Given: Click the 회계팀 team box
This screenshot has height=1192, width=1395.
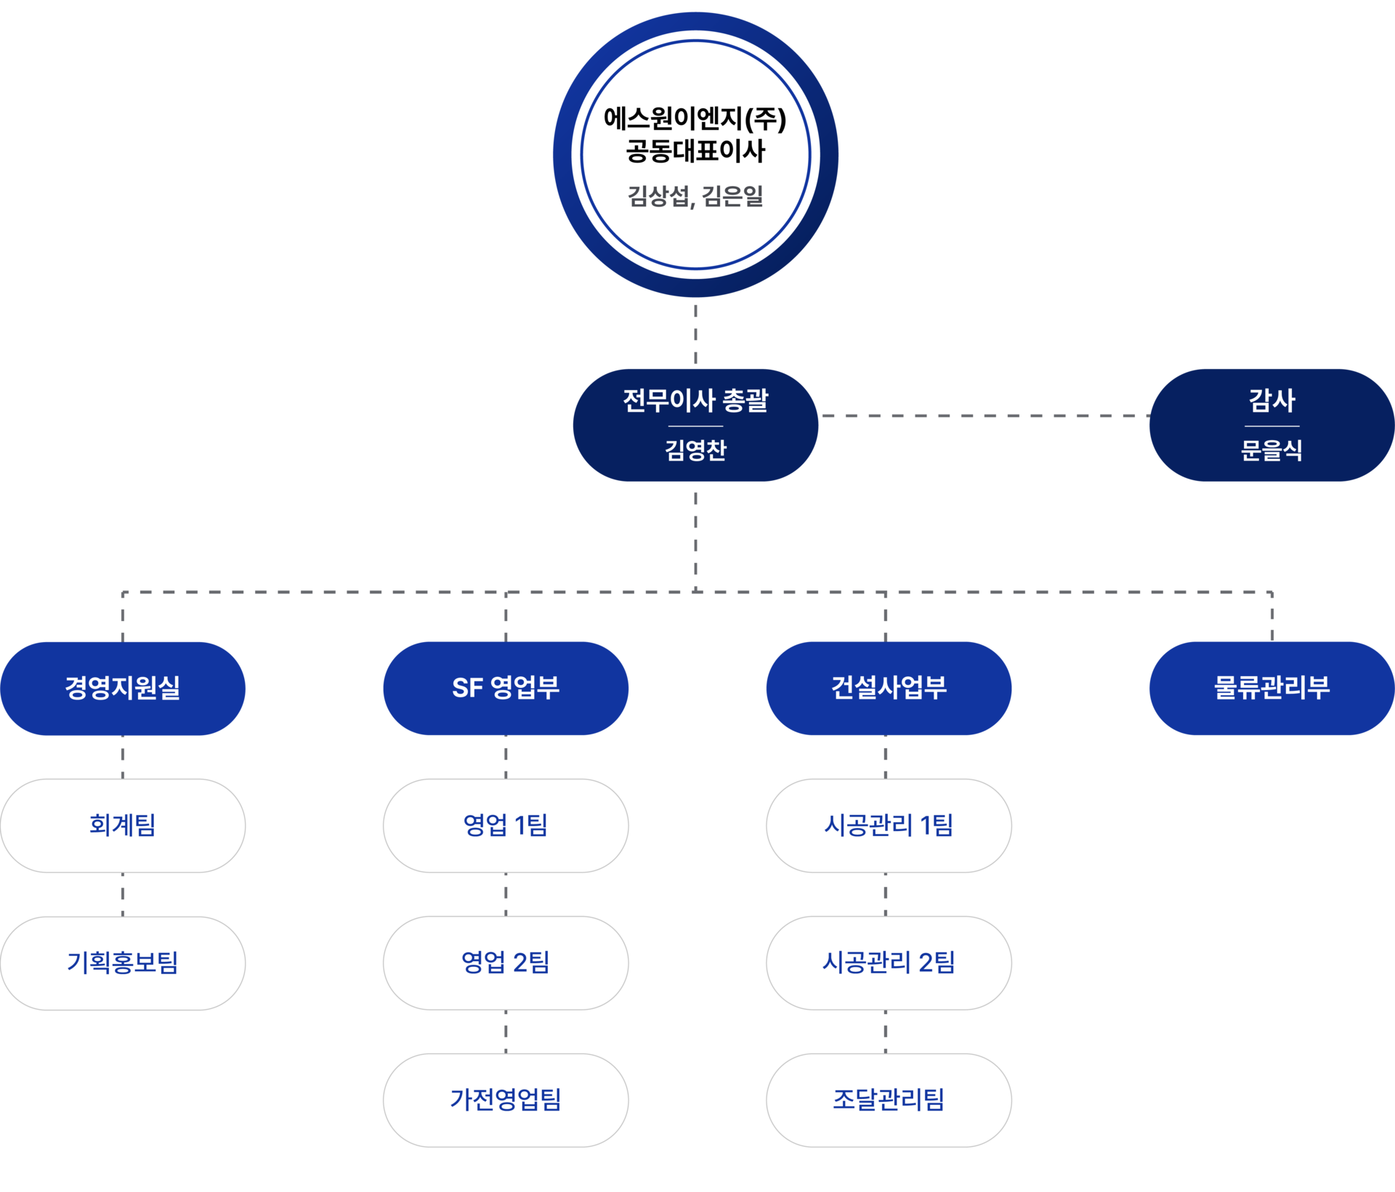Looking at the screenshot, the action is (123, 826).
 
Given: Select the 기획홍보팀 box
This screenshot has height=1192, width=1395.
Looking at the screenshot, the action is (123, 963).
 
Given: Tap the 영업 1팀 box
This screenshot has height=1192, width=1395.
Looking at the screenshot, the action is (506, 826).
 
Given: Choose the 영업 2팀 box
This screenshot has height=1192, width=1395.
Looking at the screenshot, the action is (506, 963).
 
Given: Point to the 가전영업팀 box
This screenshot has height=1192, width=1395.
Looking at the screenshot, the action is (506, 1100).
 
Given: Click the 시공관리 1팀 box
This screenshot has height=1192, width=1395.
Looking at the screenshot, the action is (889, 826).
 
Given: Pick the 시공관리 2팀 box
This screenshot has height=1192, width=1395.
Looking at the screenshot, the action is (889, 963).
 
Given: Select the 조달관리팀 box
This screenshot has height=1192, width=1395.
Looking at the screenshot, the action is (889, 1100).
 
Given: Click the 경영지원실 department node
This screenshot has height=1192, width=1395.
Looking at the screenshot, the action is (123, 689).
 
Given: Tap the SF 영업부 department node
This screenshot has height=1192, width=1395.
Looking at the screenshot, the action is (506, 689).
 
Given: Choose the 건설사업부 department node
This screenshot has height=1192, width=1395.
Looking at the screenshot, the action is (889, 689).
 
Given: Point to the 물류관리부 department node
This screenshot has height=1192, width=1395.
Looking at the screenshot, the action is (1272, 689).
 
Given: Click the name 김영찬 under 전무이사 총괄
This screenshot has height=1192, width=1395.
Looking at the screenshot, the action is (695, 450).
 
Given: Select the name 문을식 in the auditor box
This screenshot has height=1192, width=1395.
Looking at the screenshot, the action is (1271, 450).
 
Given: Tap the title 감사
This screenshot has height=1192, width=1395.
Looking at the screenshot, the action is (1271, 400).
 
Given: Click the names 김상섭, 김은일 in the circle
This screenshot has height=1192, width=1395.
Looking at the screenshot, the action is (695, 196).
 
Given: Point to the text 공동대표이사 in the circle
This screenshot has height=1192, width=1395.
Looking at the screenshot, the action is (695, 151).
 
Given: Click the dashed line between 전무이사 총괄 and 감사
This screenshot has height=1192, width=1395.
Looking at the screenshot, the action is (984, 416).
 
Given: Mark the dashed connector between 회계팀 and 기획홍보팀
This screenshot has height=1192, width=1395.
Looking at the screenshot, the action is (123, 895).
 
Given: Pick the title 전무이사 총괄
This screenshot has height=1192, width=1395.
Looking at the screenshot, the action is (695, 400).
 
